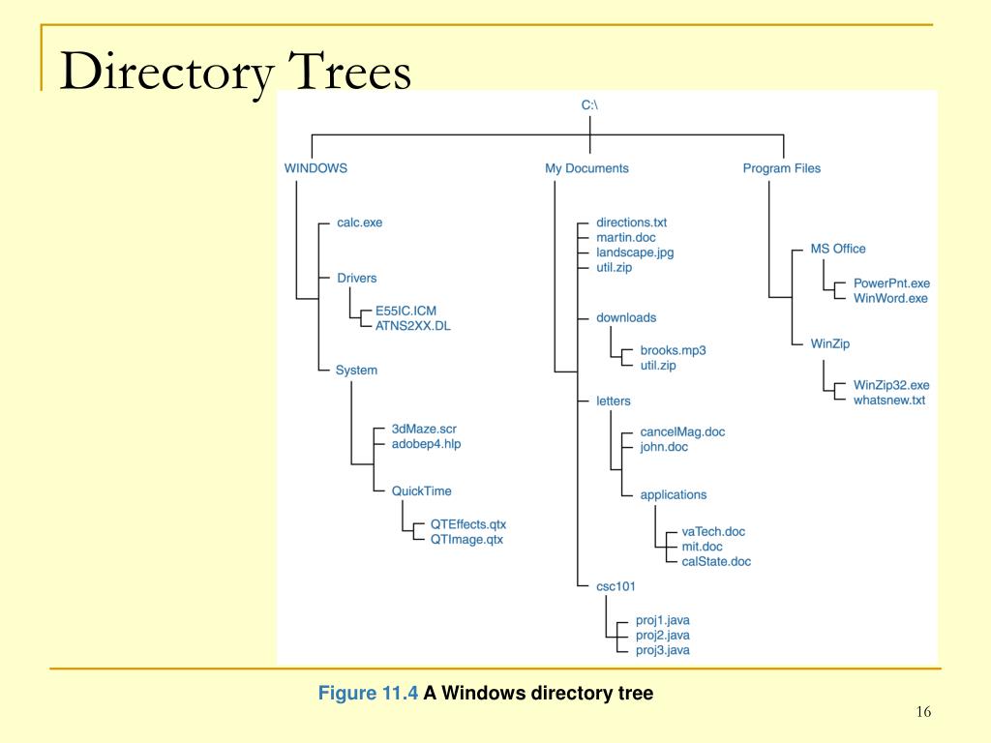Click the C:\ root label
(589, 104)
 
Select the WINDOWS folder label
(315, 168)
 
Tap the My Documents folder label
(586, 168)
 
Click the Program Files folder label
(782, 168)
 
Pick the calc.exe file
(360, 223)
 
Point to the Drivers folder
(356, 278)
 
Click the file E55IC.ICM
(405, 311)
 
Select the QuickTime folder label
(422, 490)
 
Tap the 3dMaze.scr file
(424, 429)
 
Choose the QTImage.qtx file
(466, 540)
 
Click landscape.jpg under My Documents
(635, 253)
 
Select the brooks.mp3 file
(674, 350)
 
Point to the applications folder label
(674, 494)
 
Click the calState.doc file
(716, 562)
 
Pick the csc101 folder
(616, 586)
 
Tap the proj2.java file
(662, 636)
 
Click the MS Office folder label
(838, 249)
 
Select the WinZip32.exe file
(891, 385)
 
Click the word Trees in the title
(349, 71)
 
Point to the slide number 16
(923, 712)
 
